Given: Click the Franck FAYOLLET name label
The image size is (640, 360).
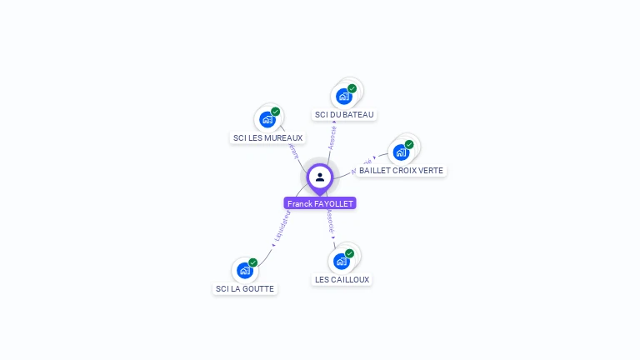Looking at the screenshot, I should click(x=320, y=203).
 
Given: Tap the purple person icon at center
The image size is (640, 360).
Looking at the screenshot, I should click(x=320, y=177).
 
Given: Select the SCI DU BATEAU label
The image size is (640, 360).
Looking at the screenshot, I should click(x=344, y=114).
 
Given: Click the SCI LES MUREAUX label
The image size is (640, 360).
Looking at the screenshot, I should click(x=267, y=137).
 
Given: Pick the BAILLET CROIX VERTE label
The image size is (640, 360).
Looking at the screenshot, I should click(x=402, y=170).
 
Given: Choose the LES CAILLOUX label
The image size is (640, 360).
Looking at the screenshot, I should click(x=342, y=280).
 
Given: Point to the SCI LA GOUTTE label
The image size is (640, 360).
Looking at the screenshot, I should click(x=245, y=289).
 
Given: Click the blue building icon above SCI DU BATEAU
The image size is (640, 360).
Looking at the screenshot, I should click(x=343, y=97).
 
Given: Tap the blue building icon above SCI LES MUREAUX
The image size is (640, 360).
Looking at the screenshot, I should click(x=267, y=120).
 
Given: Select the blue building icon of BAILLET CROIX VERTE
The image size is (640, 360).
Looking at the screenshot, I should click(x=401, y=152).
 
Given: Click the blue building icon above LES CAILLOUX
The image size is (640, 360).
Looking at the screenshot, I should click(x=341, y=262).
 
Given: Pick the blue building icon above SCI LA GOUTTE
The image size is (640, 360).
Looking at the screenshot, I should click(x=244, y=271).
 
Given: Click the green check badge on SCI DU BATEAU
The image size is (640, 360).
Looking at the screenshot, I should click(x=352, y=88).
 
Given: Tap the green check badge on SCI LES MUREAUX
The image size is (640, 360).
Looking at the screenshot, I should click(x=275, y=112).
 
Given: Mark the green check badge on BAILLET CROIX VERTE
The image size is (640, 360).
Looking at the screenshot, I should click(x=409, y=144).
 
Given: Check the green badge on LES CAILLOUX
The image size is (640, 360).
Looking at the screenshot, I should click(x=349, y=253).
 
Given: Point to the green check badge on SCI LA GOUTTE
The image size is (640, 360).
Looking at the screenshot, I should click(x=252, y=262).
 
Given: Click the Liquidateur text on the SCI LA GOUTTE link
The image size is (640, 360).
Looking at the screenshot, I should click(x=282, y=227).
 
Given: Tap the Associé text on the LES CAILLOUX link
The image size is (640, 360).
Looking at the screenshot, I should click(x=331, y=221).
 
